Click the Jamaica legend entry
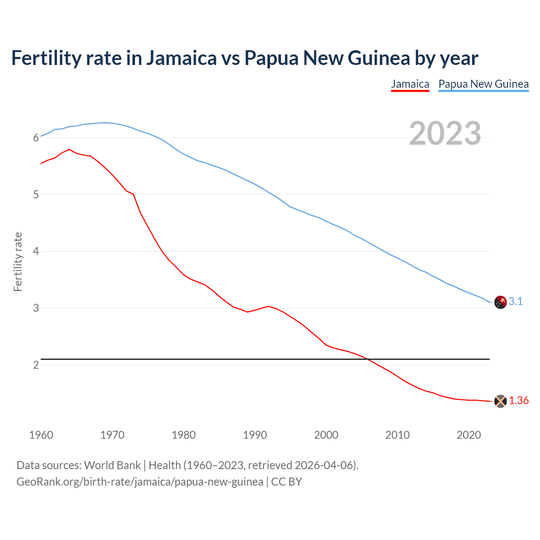(x=410, y=84)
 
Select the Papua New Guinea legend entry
(x=483, y=84)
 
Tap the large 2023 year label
(x=445, y=133)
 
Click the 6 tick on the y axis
(x=36, y=138)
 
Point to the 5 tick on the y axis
(x=36, y=194)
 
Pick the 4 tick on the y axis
(x=36, y=251)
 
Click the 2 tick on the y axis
(x=36, y=365)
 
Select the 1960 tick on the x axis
(x=41, y=435)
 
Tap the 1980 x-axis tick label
(x=184, y=435)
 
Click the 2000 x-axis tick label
(x=326, y=435)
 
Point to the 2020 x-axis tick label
(x=469, y=435)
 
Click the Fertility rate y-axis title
(x=18, y=262)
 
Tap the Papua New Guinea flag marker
(x=500, y=302)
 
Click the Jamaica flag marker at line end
(x=500, y=401)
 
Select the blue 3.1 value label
(x=516, y=301)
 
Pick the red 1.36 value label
(x=518, y=400)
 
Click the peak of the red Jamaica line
(x=69, y=149)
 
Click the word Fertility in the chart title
(x=46, y=58)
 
